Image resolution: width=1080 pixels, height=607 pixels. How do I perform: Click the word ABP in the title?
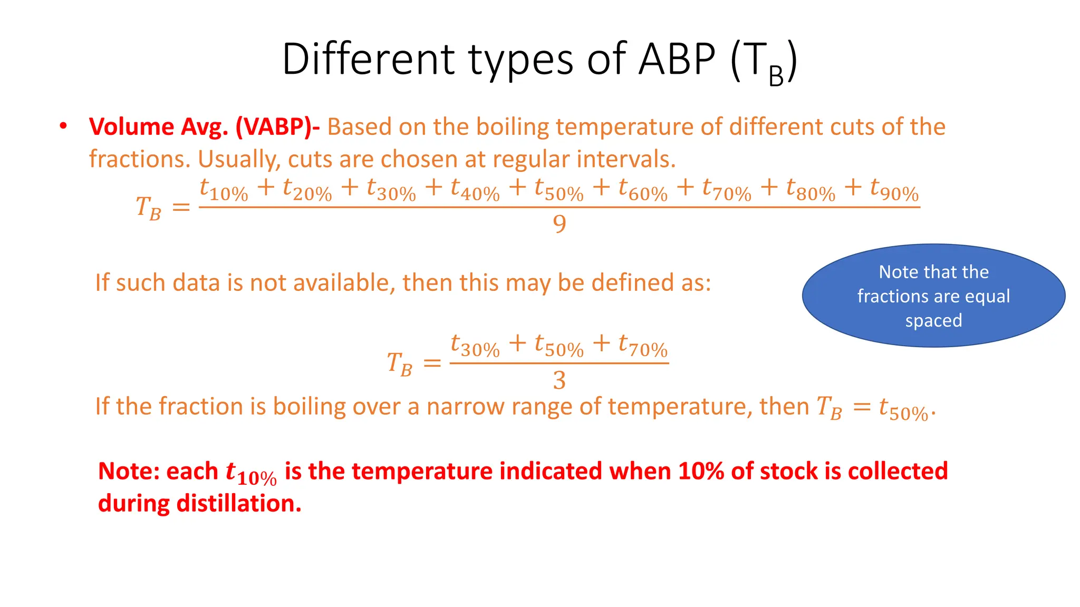click(x=677, y=59)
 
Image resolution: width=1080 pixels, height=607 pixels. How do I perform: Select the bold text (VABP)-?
click(x=277, y=127)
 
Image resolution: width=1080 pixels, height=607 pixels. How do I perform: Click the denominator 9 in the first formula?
click(x=560, y=224)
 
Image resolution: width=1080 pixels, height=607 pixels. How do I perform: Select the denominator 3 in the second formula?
click(x=560, y=380)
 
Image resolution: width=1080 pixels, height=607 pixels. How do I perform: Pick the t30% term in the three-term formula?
click(x=475, y=346)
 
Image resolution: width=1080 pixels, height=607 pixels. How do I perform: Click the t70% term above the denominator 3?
click(x=643, y=346)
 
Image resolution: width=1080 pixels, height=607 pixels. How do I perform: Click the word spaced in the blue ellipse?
click(x=933, y=320)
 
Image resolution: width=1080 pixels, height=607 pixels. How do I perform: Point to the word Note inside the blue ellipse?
click(x=898, y=272)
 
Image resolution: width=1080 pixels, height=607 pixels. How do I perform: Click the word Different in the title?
click(x=368, y=59)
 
